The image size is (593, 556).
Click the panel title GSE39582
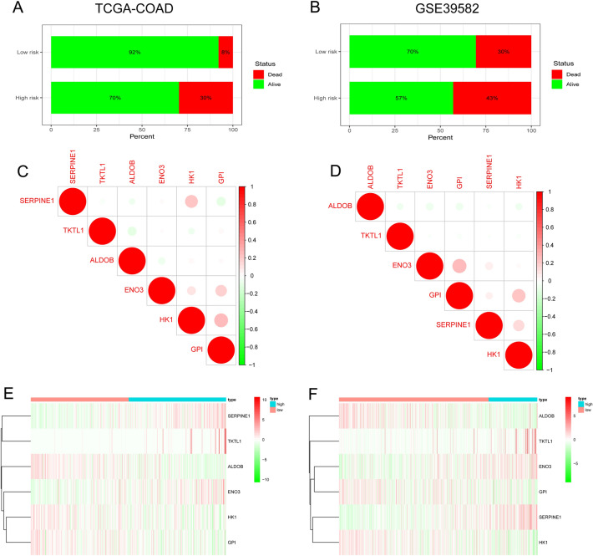click(x=440, y=12)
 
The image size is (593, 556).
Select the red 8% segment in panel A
click(x=226, y=51)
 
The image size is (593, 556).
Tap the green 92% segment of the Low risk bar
click(x=134, y=51)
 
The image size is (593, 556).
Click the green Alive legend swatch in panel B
click(x=555, y=84)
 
